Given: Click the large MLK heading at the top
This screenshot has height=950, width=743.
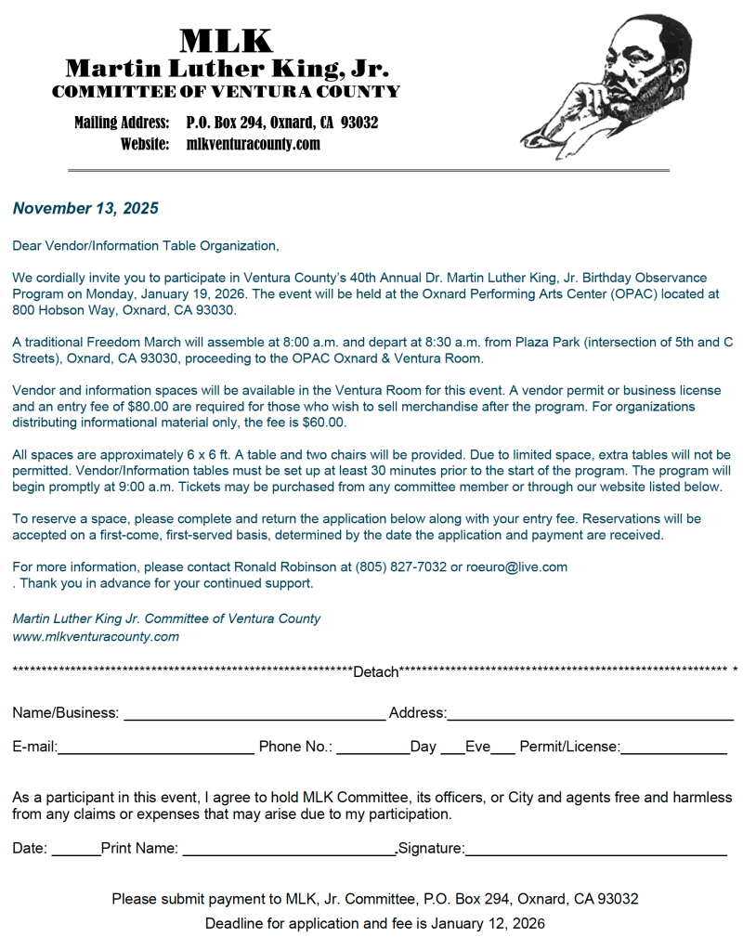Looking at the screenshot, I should click(x=226, y=41).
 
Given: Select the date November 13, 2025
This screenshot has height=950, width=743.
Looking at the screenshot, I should click(x=85, y=208).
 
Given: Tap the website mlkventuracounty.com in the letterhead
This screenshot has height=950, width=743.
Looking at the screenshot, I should click(x=253, y=144).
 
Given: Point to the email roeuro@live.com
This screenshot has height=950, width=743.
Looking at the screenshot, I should click(x=516, y=566).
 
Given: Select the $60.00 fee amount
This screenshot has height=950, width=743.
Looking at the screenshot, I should click(x=324, y=423).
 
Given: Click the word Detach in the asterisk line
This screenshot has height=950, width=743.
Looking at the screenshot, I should click(x=375, y=671).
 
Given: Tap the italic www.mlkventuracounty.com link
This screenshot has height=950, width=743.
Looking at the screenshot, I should click(x=96, y=637).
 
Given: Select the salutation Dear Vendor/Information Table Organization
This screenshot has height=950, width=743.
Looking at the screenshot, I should click(x=146, y=246).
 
